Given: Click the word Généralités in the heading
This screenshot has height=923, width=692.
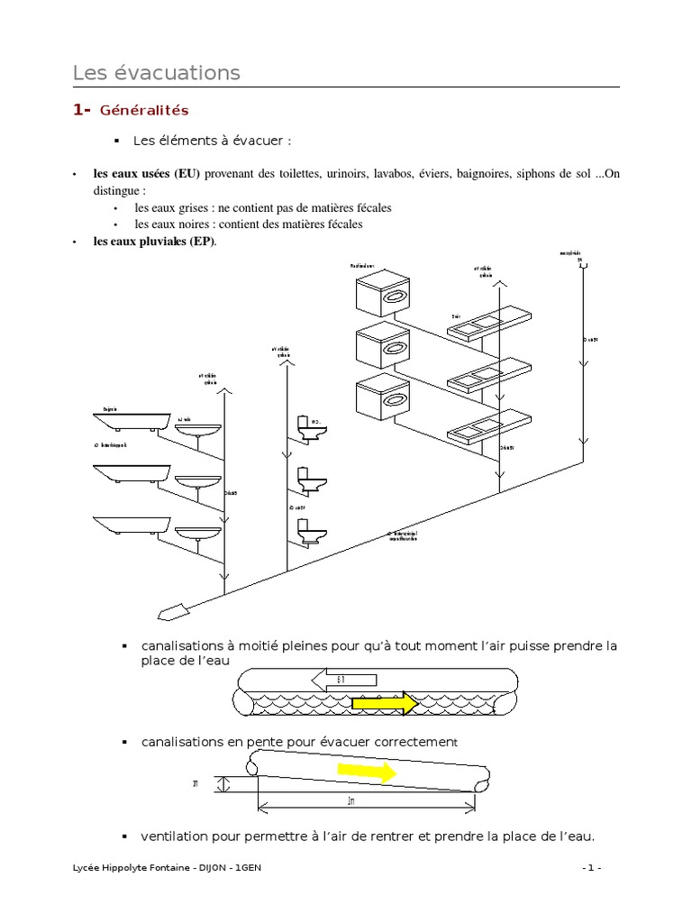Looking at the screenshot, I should click(x=144, y=111).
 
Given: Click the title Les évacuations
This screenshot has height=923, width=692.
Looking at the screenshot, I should click(x=156, y=72).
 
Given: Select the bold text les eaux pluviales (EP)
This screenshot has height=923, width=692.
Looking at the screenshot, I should click(x=154, y=242).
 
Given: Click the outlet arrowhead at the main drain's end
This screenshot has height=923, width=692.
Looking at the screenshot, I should click(x=170, y=613).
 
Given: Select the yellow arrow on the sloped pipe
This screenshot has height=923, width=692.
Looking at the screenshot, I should click(x=366, y=772).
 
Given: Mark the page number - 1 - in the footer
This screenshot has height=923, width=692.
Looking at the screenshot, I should click(x=591, y=867).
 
